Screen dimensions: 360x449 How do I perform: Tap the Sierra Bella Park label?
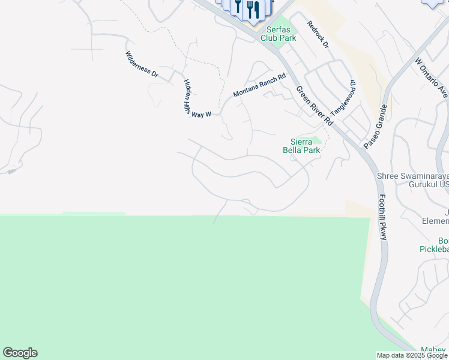[x=301, y=146]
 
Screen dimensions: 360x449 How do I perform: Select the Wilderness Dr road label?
[x=142, y=65]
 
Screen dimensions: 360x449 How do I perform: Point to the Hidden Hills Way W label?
[x=197, y=99]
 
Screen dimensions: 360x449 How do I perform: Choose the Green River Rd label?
[x=314, y=105]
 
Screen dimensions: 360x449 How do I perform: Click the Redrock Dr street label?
[x=318, y=35]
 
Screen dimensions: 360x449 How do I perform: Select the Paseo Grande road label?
[x=375, y=127]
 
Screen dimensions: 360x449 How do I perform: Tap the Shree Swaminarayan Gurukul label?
[x=412, y=180]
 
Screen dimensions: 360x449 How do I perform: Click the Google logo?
[x=20, y=353]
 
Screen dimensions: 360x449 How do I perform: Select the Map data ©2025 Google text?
[x=411, y=355]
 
